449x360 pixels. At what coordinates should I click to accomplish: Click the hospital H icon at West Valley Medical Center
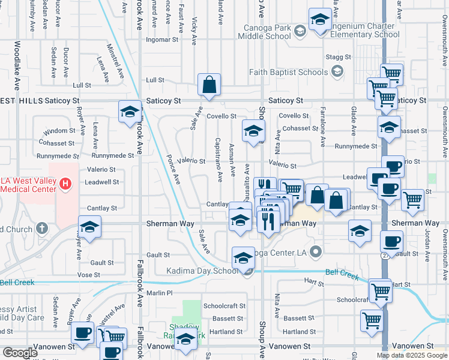click(x=65, y=182)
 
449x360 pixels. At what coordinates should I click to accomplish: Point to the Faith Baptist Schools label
click(x=289, y=72)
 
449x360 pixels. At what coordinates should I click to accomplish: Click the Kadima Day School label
click(x=202, y=271)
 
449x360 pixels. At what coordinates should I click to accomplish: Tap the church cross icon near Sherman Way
click(x=41, y=228)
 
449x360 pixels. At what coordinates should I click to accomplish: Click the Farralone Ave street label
click(x=323, y=127)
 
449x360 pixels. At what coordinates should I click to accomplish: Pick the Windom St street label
click(x=59, y=130)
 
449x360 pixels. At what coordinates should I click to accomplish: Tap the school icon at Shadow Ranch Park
click(x=186, y=340)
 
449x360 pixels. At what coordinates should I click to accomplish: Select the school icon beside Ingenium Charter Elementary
click(x=320, y=19)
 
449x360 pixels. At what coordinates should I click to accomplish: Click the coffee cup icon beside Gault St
click(x=391, y=242)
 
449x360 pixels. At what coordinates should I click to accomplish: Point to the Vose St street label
click(x=88, y=274)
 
